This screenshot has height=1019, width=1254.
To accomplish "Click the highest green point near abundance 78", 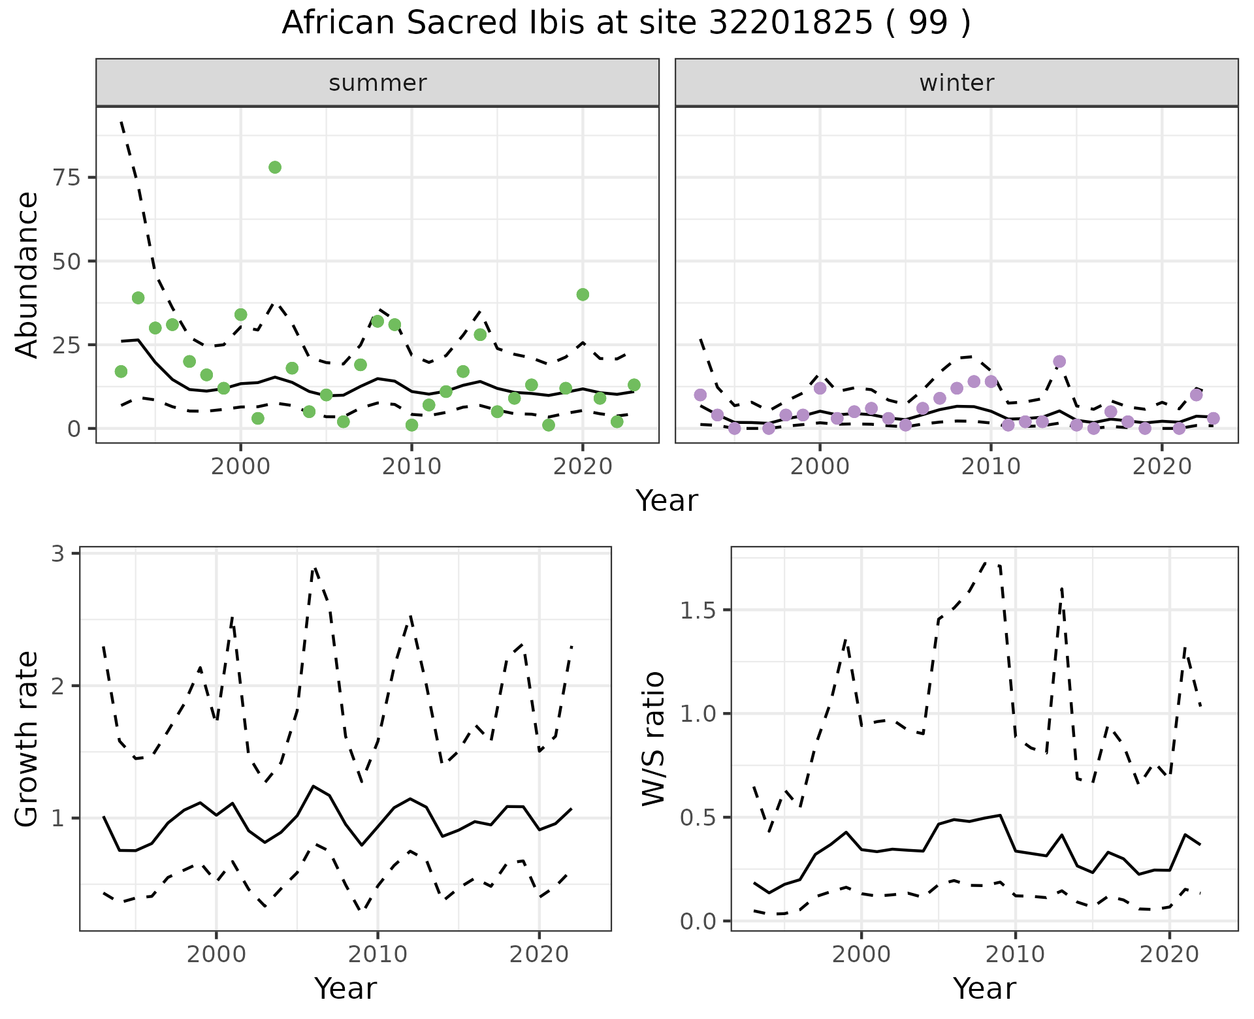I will (275, 167).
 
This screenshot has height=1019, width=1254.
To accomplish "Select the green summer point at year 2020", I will (583, 295).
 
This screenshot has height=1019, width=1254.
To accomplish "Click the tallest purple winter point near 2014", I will (1059, 362).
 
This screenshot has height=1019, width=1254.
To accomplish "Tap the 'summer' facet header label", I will (378, 83).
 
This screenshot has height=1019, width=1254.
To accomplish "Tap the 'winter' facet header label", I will (957, 83).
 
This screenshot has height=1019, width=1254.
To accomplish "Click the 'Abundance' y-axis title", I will (27, 274).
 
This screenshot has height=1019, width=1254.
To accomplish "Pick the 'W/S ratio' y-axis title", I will (654, 739).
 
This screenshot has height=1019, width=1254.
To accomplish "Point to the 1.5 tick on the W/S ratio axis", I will (698, 611).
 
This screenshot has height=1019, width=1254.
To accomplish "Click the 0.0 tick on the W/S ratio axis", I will (698, 922).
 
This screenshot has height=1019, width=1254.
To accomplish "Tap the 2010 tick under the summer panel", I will (411, 466).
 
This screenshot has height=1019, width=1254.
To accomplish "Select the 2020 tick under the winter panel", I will (1162, 466).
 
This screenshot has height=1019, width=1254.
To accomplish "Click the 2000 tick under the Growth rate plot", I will (216, 954).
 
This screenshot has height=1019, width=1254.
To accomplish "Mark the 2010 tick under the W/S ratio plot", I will (1015, 954).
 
